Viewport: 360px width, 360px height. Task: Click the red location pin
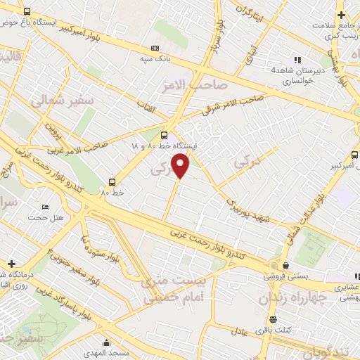181,166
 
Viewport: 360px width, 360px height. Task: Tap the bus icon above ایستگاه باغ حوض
27,12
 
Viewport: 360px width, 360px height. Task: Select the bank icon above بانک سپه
155,48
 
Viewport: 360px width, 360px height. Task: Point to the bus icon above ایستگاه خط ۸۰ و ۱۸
165,134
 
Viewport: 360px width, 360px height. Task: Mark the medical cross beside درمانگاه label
11,263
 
